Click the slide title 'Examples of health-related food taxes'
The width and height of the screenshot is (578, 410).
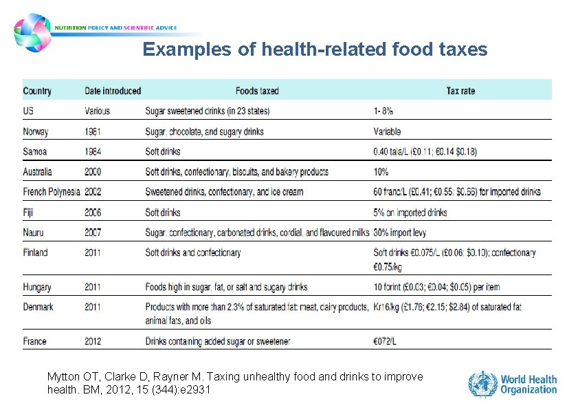[315, 50]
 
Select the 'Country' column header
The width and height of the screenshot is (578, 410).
[37, 91]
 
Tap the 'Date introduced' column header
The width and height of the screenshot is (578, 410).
[113, 91]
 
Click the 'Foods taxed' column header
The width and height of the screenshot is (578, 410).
[257, 91]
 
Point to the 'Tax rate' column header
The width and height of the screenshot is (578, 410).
[460, 91]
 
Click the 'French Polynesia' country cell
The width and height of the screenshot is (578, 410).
[52, 192]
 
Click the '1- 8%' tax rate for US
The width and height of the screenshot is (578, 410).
[384, 111]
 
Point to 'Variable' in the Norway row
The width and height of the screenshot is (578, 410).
[387, 131]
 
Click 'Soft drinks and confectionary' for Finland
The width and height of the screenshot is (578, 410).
[193, 252]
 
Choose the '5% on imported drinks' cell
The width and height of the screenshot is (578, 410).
[410, 213]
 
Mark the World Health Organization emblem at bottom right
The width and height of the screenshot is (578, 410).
[482, 385]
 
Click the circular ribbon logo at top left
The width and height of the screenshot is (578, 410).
[32, 33]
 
